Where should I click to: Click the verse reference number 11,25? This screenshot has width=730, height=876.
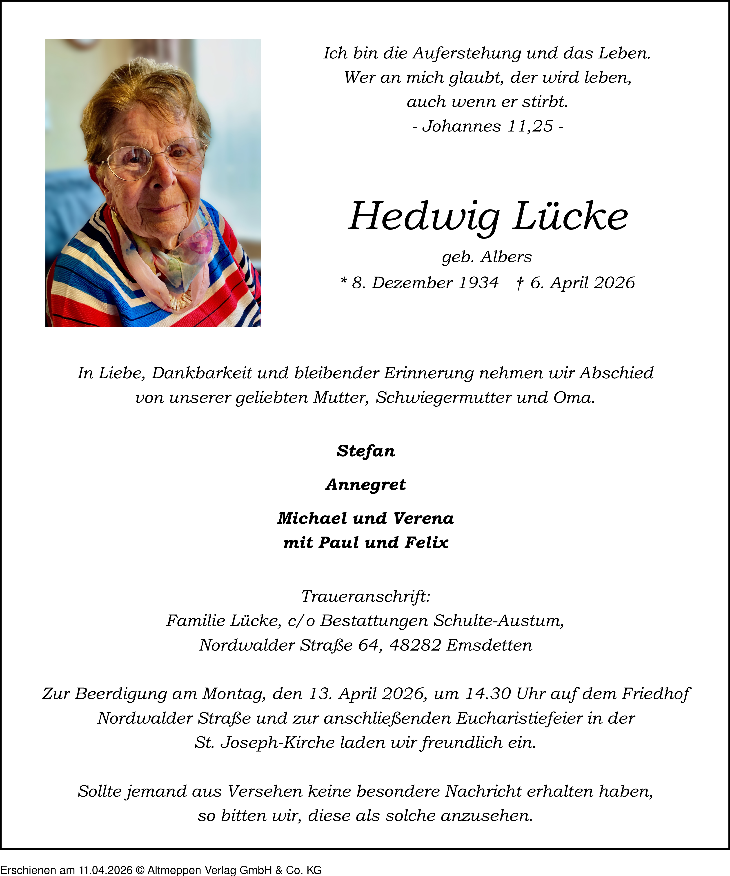(x=530, y=126)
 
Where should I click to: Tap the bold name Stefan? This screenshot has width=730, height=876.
(x=365, y=451)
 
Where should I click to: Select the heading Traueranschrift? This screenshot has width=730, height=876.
(x=365, y=597)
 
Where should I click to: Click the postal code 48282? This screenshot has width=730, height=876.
(x=415, y=645)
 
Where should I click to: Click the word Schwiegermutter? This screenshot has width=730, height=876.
(x=443, y=397)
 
